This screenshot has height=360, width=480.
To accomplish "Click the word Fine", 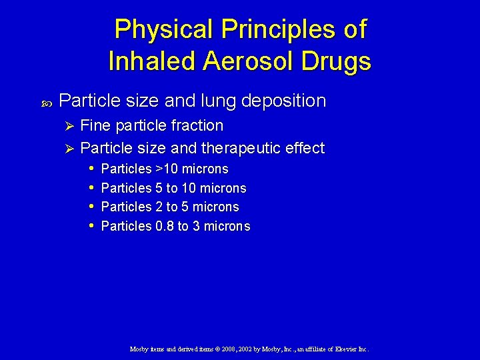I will (94, 125).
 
